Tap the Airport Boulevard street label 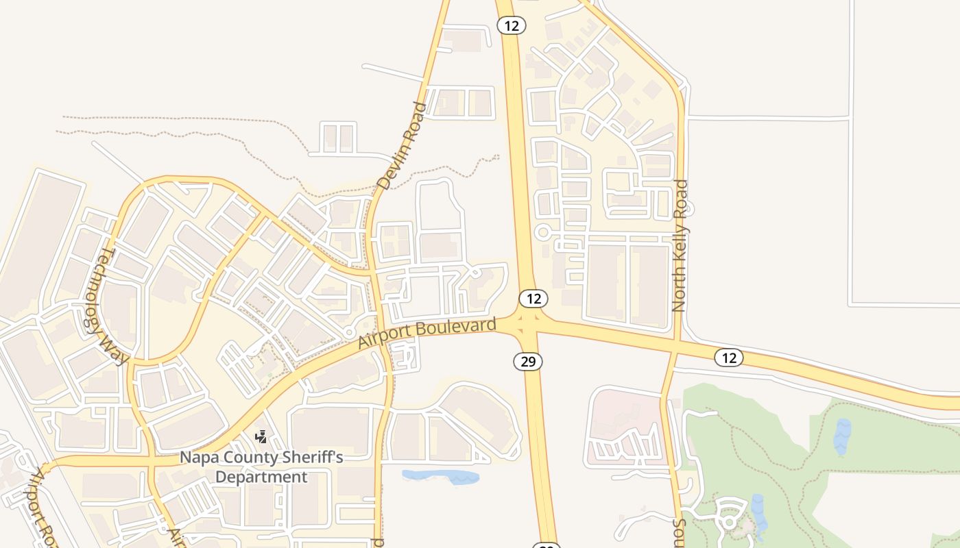tap(427, 332)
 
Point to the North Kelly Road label tap(680, 245)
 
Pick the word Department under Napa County tap(262, 477)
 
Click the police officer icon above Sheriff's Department tap(261, 436)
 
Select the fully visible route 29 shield tap(528, 361)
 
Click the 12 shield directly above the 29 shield tap(533, 299)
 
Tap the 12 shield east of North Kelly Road tap(728, 357)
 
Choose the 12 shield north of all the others tap(511, 25)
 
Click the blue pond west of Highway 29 tap(440, 476)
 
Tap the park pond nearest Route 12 tap(842, 436)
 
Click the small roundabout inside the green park tap(728, 523)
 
